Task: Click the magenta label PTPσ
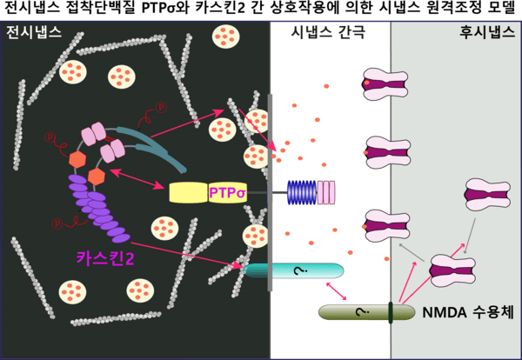229,191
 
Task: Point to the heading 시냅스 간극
328,35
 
